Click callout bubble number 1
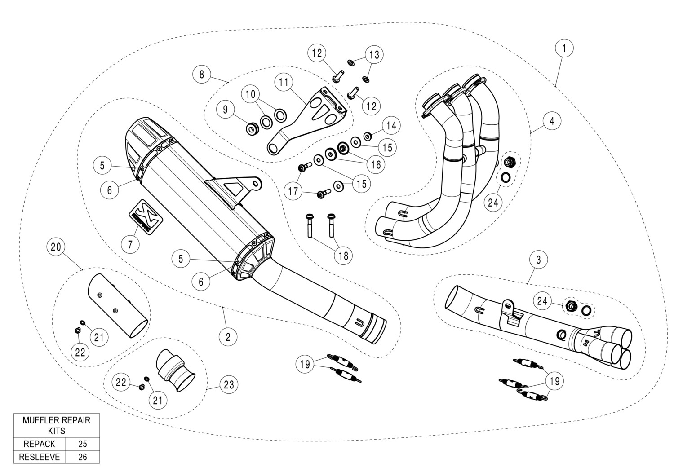click(564, 48)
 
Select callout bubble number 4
click(552, 121)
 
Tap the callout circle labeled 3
click(538, 259)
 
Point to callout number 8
click(202, 74)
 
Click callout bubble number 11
click(283, 83)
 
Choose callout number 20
click(57, 247)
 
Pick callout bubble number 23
click(229, 385)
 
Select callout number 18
click(343, 256)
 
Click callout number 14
click(391, 126)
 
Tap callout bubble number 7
click(130, 244)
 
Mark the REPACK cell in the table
click(40, 444)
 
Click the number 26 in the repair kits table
click(82, 457)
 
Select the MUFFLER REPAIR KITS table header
click(57, 425)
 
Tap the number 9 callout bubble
click(225, 109)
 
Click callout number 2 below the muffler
click(228, 336)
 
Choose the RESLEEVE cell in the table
click(40, 457)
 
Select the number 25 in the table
click(82, 444)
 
